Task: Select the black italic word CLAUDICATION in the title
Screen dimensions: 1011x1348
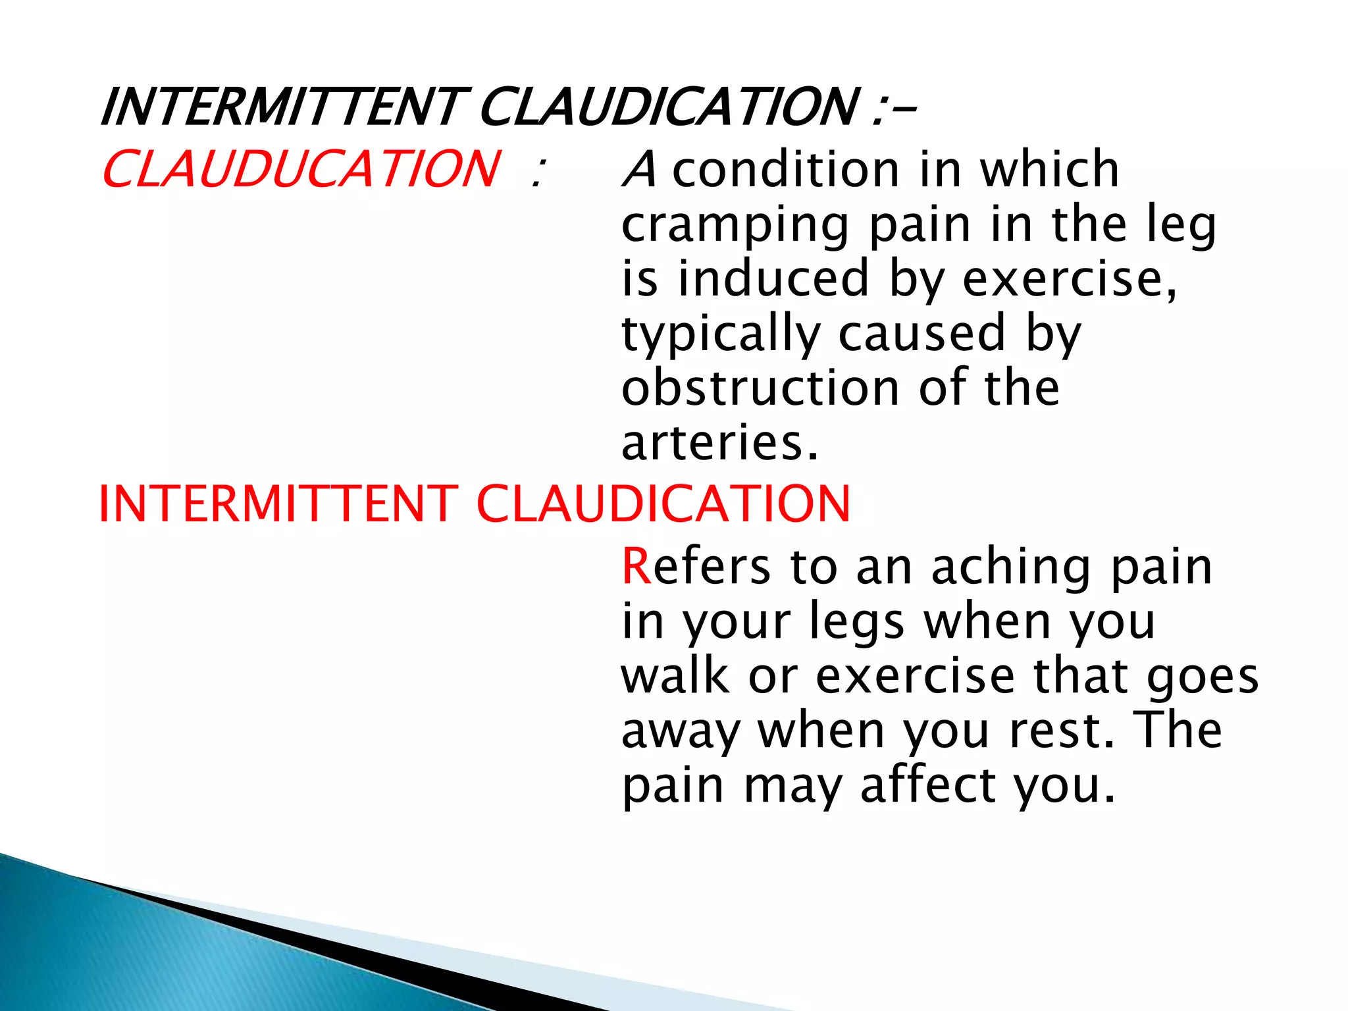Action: coord(668,107)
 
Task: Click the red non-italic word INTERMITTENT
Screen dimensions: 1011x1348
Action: coord(278,504)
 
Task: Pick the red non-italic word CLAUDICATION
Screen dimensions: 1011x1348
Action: coord(663,504)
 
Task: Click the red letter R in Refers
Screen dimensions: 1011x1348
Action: coord(636,567)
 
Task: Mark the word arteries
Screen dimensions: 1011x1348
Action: coord(719,442)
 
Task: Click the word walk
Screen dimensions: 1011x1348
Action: coord(675,677)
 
